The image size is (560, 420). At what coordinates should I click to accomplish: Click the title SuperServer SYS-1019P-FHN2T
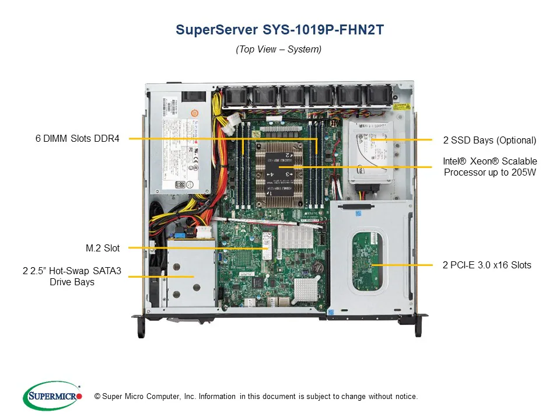coord(279,30)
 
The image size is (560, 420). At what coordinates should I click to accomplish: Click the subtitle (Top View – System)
coord(279,50)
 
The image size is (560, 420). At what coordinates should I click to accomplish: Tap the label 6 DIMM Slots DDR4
coord(77,139)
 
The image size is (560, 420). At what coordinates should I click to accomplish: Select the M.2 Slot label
coord(103,248)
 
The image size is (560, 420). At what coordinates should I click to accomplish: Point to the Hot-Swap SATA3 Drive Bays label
coord(72,276)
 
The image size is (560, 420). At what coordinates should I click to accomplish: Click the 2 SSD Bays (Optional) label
coord(489,140)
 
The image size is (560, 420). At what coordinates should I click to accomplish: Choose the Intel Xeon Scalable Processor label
coord(490,166)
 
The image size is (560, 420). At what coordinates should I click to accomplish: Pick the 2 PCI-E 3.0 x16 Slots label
coord(487,265)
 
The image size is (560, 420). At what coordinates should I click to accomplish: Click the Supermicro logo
coord(52,396)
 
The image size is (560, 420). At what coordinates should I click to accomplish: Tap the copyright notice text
coord(256,397)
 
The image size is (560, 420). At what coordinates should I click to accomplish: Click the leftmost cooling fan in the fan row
coord(234,97)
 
